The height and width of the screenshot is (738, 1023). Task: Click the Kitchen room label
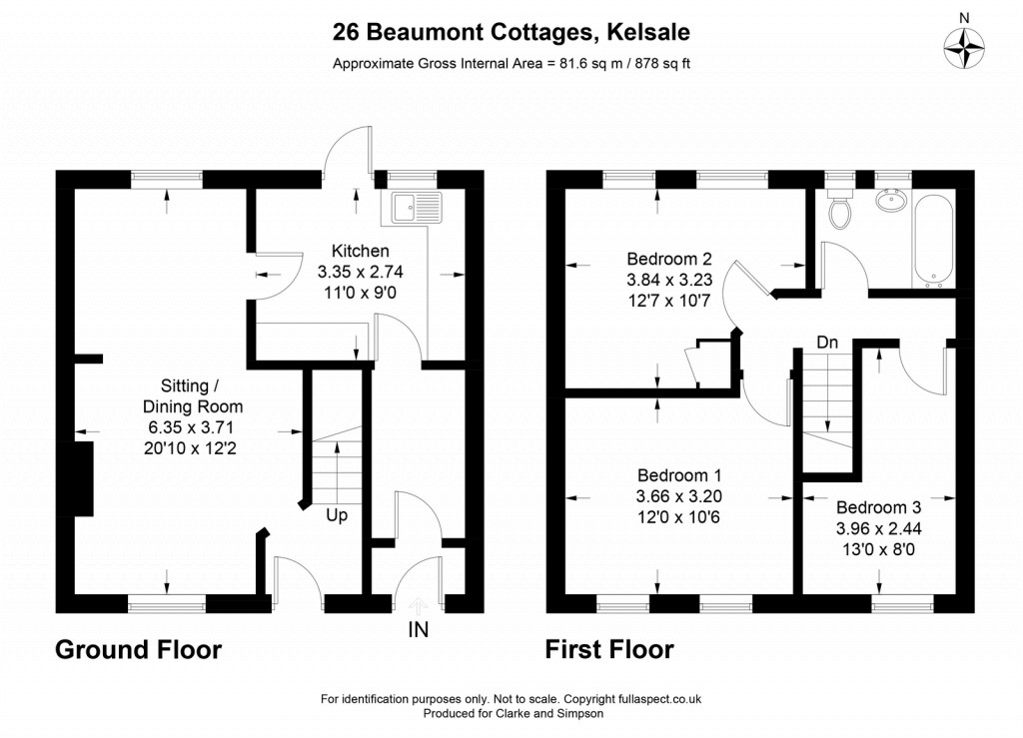coord(360,251)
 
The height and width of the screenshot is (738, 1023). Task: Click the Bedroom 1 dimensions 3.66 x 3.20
coord(678,495)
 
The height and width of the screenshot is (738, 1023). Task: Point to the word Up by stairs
coord(337,517)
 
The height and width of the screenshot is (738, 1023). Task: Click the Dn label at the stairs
coord(826,343)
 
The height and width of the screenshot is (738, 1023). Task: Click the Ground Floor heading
coord(138,650)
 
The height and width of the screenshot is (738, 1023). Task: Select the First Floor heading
coord(608,650)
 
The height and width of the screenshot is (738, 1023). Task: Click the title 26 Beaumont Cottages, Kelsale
coord(511,33)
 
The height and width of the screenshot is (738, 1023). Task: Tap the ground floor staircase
coord(336,463)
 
